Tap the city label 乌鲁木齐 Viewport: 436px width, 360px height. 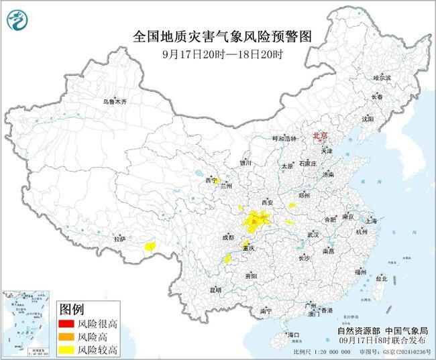114,101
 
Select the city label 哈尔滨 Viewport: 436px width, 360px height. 382,78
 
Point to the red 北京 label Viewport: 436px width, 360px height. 321,136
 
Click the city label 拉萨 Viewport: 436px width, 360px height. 119,238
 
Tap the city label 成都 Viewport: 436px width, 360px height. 227,237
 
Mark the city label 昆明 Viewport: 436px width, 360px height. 215,290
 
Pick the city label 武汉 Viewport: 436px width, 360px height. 313,235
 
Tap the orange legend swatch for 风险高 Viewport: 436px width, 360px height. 66,337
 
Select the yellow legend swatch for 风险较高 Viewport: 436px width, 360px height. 66,349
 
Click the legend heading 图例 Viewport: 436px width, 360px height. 72,310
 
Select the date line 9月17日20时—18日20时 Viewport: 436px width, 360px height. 223,54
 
